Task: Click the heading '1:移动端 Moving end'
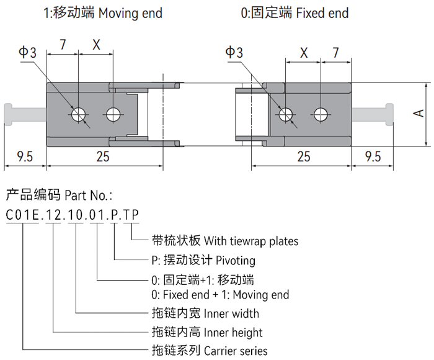point(103,13)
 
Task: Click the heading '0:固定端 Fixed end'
point(294,13)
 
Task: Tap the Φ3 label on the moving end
point(27,53)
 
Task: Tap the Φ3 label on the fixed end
point(234,53)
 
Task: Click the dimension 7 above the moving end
point(63,44)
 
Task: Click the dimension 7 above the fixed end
point(335,53)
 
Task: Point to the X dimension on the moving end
point(96,44)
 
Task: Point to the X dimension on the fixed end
point(303,53)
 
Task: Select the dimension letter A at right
point(418,112)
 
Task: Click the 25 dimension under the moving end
point(103,157)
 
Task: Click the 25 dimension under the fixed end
point(303,157)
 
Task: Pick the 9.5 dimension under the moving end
point(25,157)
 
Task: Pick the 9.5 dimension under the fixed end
point(373,157)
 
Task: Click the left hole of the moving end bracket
point(79,115)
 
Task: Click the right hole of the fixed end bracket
point(321,114)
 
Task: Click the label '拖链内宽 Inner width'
point(205,313)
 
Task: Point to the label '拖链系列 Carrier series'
point(210,351)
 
